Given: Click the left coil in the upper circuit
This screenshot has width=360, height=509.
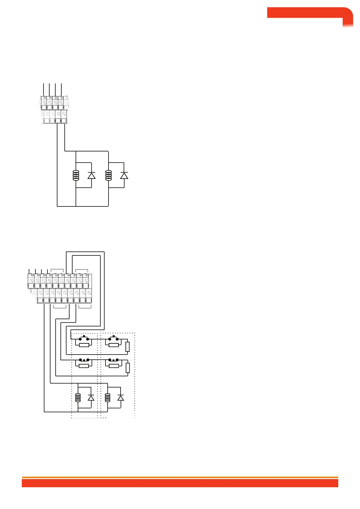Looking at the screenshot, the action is tap(76, 175).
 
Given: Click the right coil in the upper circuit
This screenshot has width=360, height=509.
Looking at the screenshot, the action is tap(108, 175).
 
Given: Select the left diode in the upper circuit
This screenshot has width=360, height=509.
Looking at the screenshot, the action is tap(91, 175).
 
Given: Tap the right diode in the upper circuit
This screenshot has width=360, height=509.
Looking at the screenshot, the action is tap(124, 175).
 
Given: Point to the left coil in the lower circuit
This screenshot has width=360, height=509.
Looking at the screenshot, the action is tap(78, 397).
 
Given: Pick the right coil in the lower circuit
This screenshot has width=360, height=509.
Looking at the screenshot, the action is tap(107, 397).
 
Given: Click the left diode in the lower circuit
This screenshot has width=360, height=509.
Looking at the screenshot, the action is tap(91, 398).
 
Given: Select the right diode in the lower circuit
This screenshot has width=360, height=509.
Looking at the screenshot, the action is tap(121, 398).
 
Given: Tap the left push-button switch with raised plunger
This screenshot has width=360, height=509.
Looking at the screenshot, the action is tap(84, 338).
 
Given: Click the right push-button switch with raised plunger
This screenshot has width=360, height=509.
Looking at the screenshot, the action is tap(113, 338).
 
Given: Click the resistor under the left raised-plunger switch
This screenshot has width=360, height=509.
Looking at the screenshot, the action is tap(84, 345).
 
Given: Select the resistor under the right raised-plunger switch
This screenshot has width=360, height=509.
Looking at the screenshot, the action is tap(113, 345).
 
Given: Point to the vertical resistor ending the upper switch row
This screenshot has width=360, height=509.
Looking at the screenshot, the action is tap(128, 347).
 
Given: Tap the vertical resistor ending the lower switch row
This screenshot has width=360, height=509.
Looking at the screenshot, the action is tap(128, 368).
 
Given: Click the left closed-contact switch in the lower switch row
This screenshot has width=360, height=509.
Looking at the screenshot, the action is tap(84, 360).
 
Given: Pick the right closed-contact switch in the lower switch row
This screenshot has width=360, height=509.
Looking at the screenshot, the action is tap(113, 360).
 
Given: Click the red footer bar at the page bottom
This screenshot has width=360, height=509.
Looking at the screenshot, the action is tap(180, 483).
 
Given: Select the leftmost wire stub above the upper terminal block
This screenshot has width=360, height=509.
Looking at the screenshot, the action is tap(44, 89).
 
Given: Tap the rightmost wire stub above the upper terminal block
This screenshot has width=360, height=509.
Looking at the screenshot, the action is tap(61, 89).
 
